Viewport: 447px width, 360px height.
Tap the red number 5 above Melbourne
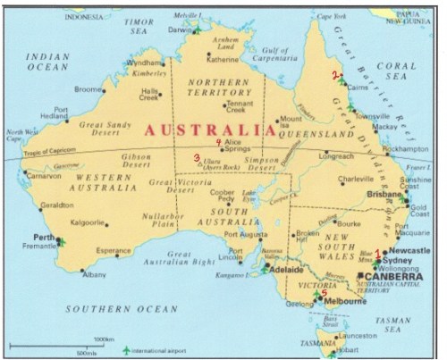(x=324, y=292)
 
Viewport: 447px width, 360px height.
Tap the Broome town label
(x=88, y=89)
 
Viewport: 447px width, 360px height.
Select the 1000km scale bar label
(x=104, y=339)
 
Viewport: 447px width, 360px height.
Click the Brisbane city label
(x=386, y=194)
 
